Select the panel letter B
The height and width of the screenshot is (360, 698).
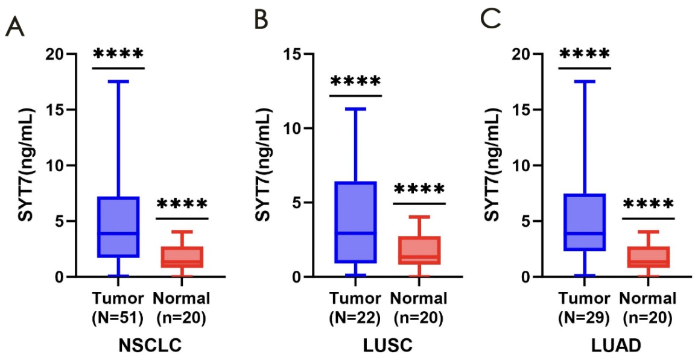click(x=261, y=22)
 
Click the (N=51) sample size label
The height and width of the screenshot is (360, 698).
click(x=118, y=318)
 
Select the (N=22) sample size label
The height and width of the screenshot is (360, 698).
click(x=355, y=318)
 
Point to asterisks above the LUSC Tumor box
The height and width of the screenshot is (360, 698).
click(x=355, y=81)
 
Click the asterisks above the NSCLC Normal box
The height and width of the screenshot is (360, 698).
click(x=182, y=204)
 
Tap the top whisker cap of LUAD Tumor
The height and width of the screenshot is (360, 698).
click(x=585, y=81)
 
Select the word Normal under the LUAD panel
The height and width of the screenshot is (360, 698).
click(x=648, y=298)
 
